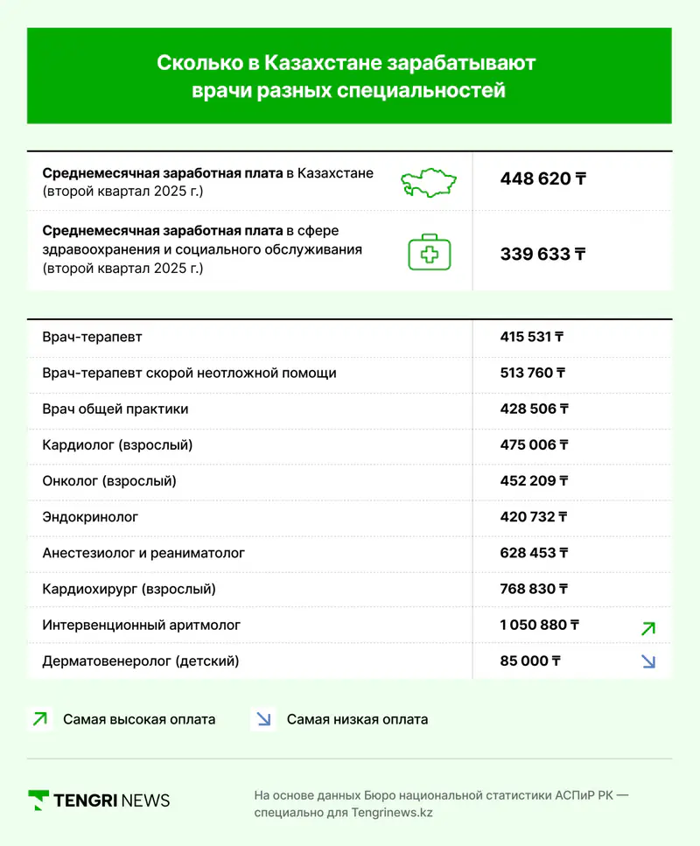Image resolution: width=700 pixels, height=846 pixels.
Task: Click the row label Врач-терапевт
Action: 92,337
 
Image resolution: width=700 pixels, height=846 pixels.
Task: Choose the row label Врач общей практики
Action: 115,409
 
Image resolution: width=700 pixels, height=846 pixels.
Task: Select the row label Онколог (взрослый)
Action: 109,480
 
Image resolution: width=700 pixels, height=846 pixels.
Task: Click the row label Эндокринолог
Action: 90,517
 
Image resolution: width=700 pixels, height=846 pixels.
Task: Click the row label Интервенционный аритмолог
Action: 141,625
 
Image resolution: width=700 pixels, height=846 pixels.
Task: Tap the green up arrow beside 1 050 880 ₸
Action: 647,628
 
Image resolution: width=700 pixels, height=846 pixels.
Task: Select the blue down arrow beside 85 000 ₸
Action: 647,661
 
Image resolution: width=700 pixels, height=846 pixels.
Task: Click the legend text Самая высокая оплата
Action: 139,720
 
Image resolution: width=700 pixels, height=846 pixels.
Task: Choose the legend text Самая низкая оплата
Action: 357,720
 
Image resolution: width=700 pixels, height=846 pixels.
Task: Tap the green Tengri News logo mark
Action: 38,800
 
